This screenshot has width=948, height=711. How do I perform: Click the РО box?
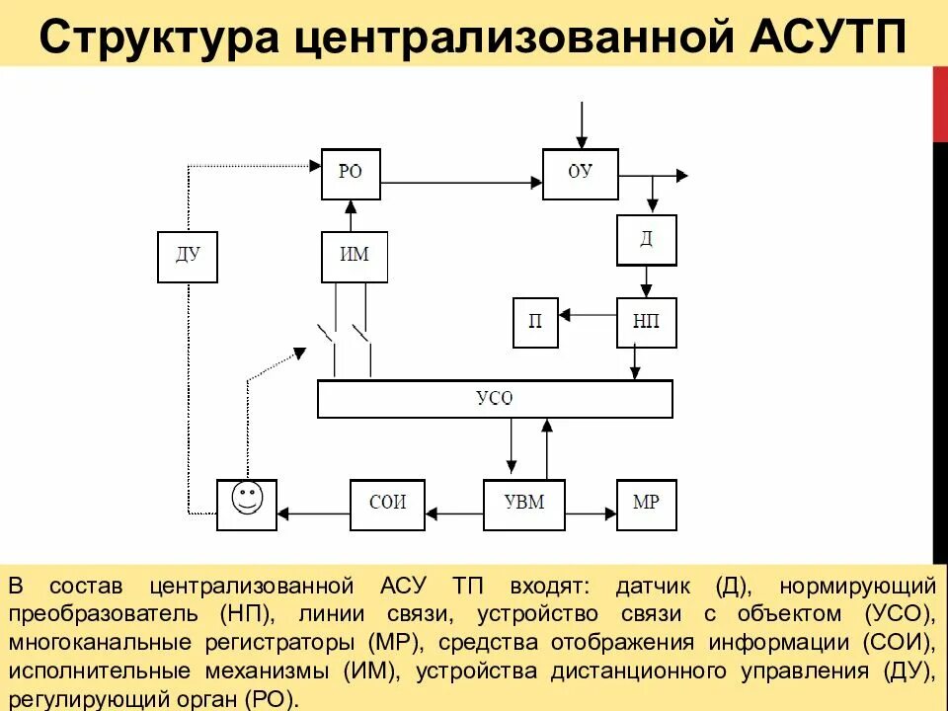352,173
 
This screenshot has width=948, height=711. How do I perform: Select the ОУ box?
581,174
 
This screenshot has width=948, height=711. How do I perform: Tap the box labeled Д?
647,240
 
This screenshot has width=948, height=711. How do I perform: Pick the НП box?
647,322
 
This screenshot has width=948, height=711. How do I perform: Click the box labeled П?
535,322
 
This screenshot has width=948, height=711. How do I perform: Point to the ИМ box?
355,256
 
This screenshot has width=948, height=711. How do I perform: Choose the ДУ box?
188,257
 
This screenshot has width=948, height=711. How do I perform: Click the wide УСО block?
495,399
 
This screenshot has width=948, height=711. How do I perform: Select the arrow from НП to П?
588,315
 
